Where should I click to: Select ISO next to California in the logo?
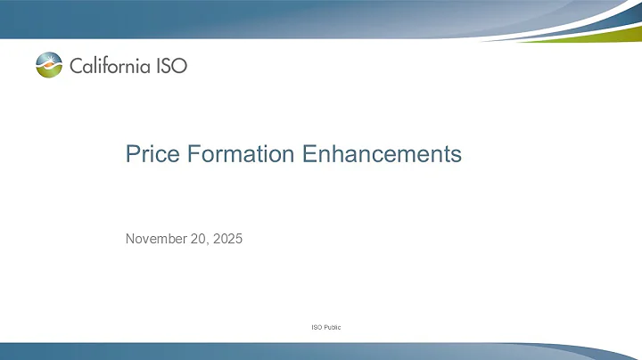172,65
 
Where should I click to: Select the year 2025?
227,238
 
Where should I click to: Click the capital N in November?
130,238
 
